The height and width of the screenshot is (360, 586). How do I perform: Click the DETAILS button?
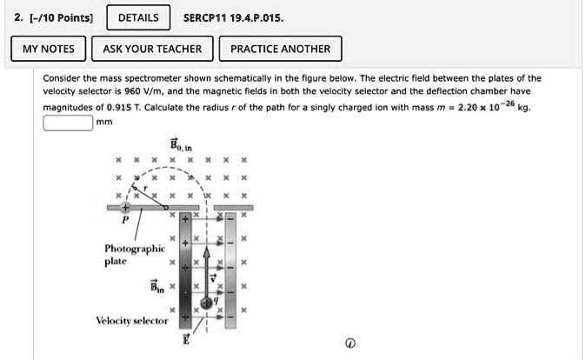138,17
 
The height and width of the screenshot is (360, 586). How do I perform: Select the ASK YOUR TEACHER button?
152,49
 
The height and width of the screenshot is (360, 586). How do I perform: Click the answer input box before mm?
68,123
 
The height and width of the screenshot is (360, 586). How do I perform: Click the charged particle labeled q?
207,303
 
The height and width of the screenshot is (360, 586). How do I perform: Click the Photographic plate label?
128,254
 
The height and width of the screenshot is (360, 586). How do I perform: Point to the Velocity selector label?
131,321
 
